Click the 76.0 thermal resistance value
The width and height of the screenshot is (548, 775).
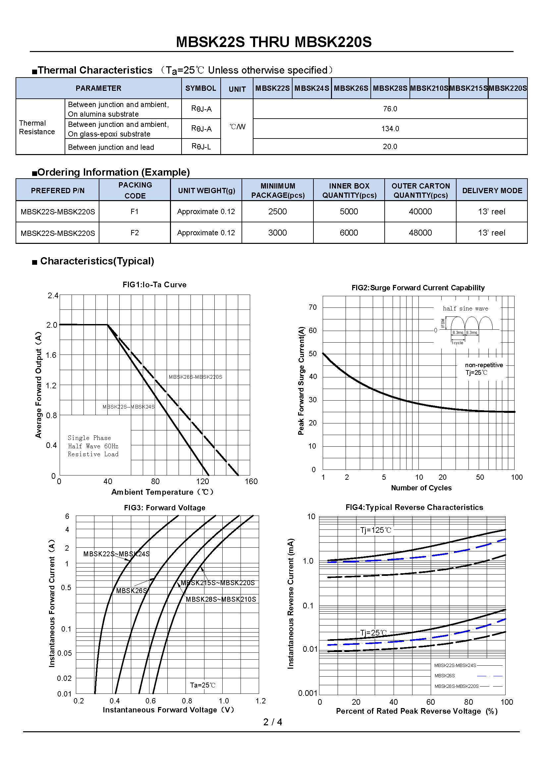point(390,109)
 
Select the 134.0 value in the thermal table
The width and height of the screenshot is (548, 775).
point(390,129)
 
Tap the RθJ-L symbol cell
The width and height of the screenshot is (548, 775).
point(201,146)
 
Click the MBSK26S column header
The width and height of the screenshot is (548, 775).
point(351,88)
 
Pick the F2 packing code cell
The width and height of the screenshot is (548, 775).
point(135,233)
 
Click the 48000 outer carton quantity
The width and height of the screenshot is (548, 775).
point(420,233)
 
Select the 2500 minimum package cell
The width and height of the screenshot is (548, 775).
point(277,212)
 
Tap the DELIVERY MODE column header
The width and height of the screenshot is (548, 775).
point(492,191)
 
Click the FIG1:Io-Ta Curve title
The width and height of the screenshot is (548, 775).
point(154,285)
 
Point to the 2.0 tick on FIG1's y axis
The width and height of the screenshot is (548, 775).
point(52,325)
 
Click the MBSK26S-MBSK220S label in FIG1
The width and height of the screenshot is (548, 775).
point(195,377)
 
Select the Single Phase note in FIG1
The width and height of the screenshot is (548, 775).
point(89,438)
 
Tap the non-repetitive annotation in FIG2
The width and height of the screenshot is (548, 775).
point(484,365)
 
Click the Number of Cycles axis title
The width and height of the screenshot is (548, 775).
point(421,488)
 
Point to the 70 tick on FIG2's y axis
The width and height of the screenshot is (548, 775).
point(312,307)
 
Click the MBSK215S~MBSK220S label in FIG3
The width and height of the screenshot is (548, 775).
point(218,583)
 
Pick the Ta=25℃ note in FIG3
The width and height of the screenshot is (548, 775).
point(202,685)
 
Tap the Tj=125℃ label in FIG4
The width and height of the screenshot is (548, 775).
point(376,530)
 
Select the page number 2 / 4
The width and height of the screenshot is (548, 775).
point(273,722)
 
